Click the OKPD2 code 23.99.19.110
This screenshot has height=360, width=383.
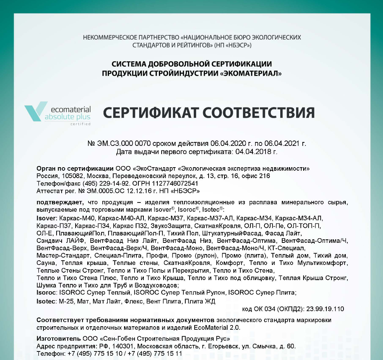325,309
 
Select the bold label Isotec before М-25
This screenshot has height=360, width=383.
46,301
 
